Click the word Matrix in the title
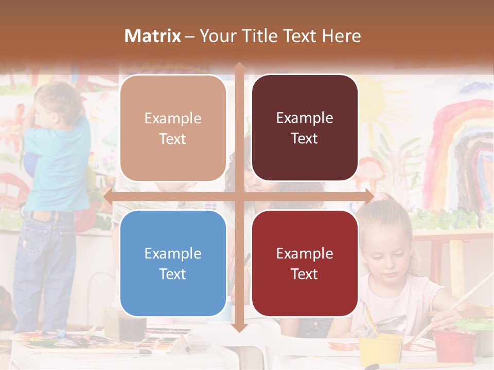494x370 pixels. [153, 36]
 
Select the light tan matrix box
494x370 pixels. [173, 128]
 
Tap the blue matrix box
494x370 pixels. [173, 263]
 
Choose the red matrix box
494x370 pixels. [305, 263]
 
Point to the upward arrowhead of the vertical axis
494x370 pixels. [239, 66]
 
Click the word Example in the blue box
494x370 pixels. [173, 253]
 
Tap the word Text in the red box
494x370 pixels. [305, 274]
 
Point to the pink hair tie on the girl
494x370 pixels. [380, 197]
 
